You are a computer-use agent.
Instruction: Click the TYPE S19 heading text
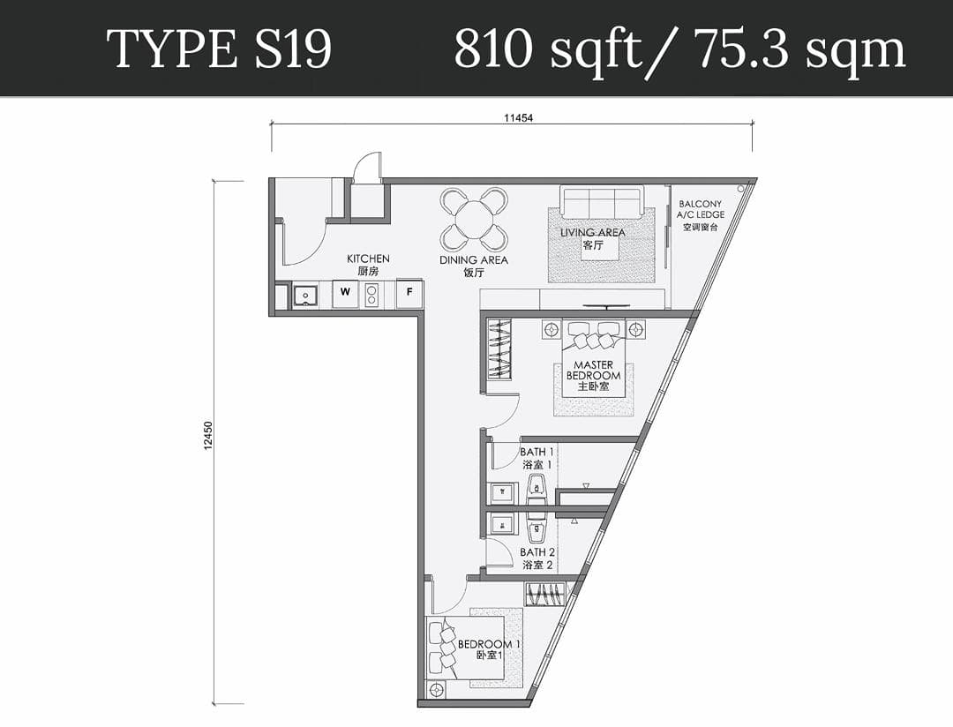coord(220,49)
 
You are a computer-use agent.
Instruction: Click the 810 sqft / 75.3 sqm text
coord(679,49)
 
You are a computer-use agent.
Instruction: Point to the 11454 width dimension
coord(518,118)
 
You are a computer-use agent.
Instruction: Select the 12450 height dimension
coord(208,436)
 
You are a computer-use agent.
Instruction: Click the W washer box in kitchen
coord(345,292)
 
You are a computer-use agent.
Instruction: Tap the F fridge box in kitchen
coord(409,292)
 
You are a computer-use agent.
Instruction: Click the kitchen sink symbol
coord(304,296)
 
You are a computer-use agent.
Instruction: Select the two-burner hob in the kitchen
coord(371,294)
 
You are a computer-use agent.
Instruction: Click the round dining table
coord(474,220)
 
